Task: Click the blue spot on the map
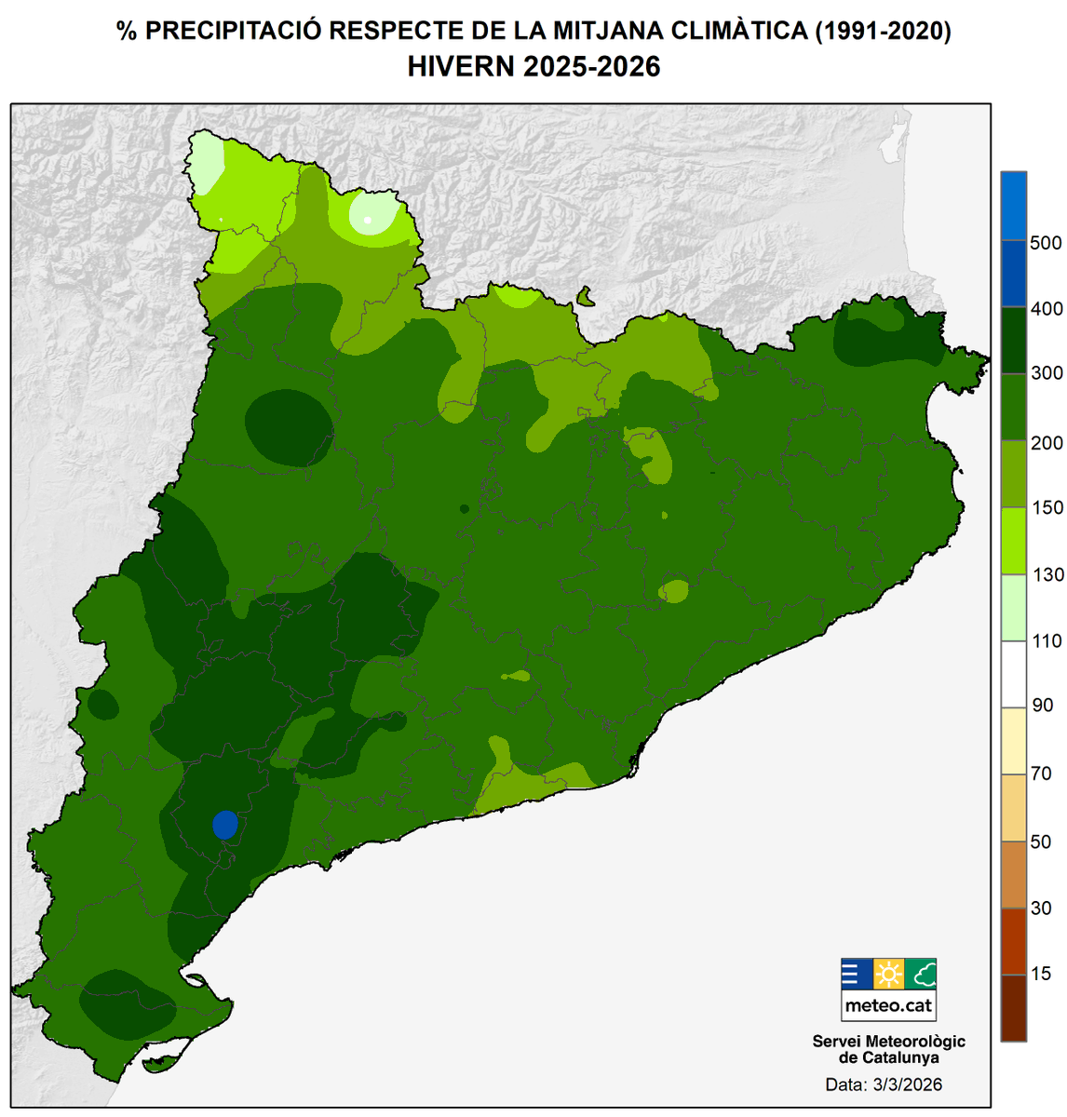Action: coord(225,825)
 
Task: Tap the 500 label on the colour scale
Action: coord(1046,243)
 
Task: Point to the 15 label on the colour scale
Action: coord(1041,974)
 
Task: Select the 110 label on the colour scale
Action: coord(1046,641)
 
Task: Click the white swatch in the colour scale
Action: coord(1014,674)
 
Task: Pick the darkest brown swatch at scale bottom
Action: coord(1014,1007)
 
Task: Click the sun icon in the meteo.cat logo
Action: coord(888,975)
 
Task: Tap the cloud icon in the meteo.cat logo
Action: coord(921,975)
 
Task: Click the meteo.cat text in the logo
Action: coord(888,1006)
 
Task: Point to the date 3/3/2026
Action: coord(908,1085)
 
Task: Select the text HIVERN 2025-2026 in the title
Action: coord(533,67)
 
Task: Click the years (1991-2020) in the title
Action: coord(883,31)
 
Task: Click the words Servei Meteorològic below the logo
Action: coord(888,1042)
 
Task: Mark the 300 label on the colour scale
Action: coord(1046,374)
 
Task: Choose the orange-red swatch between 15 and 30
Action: coord(1014,941)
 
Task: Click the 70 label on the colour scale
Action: coord(1041,774)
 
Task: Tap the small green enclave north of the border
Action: coord(586,297)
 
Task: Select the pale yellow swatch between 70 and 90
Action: coord(1014,741)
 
